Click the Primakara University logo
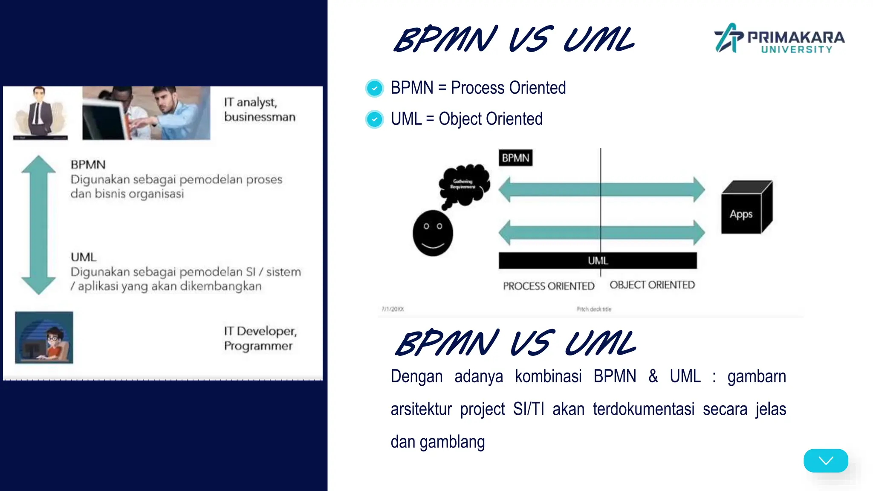pyautogui.click(x=779, y=38)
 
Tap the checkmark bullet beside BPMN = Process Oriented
pyautogui.click(x=375, y=88)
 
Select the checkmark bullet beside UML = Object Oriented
pyautogui.click(x=375, y=119)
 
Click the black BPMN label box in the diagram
pyautogui.click(x=515, y=158)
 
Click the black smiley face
pyautogui.click(x=433, y=233)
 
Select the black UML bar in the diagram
pyautogui.click(x=598, y=260)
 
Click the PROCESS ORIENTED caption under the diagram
pyautogui.click(x=549, y=286)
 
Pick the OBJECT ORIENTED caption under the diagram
pyautogui.click(x=652, y=285)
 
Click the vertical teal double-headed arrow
pyautogui.click(x=39, y=225)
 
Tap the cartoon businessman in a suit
pyautogui.click(x=40, y=113)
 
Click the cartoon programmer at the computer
pyautogui.click(x=44, y=338)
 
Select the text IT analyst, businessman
pyautogui.click(x=259, y=110)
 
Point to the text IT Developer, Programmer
pyautogui.click(x=260, y=338)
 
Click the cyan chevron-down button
pyautogui.click(x=826, y=460)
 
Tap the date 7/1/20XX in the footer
pyautogui.click(x=393, y=309)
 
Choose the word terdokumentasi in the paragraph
pyautogui.click(x=643, y=409)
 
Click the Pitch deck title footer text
pyautogui.click(x=594, y=309)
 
